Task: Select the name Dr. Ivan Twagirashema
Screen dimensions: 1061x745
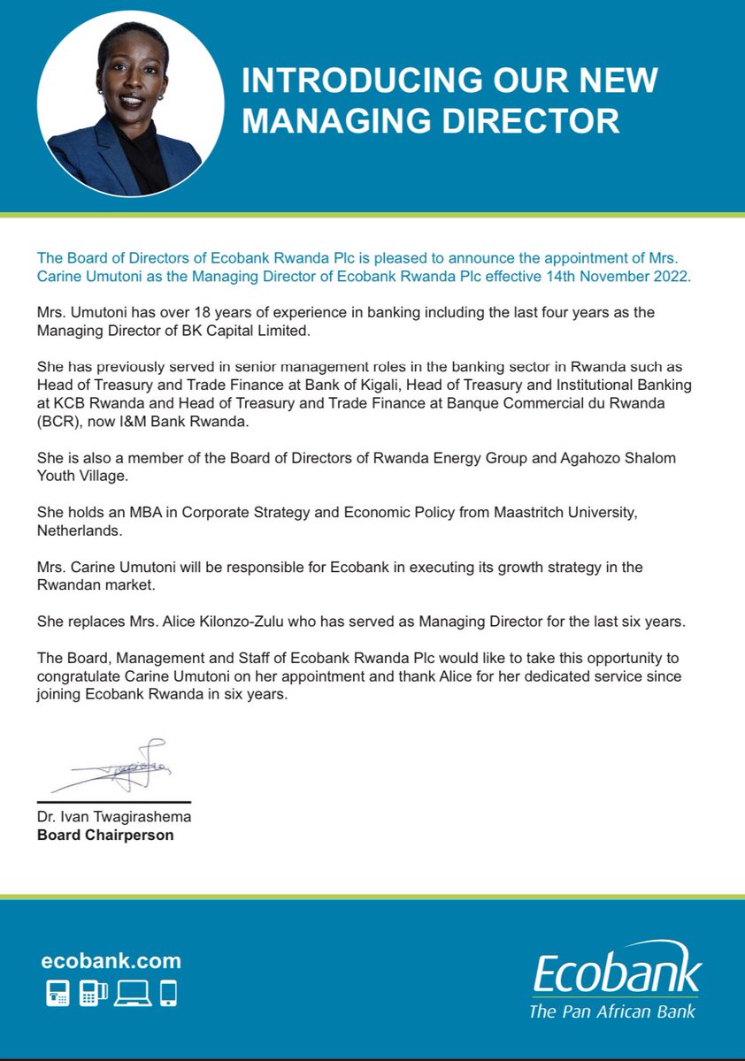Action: [x=114, y=816]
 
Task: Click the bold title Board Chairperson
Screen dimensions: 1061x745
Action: [x=105, y=834]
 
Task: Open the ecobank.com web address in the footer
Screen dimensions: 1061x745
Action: [x=111, y=961]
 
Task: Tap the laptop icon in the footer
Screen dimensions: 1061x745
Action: [x=131, y=994]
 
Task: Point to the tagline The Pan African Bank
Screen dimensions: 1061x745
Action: [x=611, y=1011]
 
